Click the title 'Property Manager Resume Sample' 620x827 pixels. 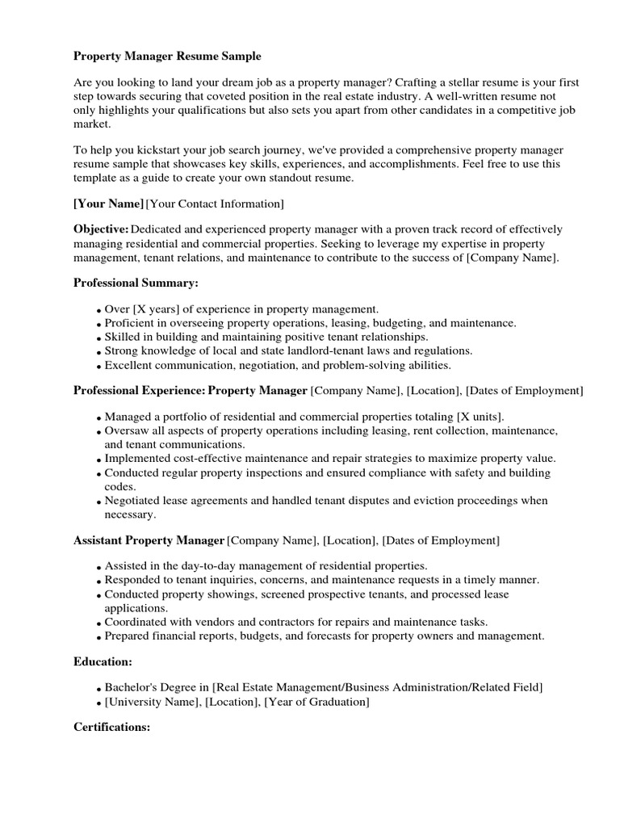click(168, 57)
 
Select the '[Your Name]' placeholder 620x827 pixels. click(109, 204)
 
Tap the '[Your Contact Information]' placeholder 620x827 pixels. click(215, 204)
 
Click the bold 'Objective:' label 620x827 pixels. click(101, 229)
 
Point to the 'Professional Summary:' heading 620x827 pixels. click(136, 283)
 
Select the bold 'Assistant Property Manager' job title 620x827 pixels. click(149, 539)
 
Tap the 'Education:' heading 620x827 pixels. click(103, 661)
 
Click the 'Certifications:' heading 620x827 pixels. click(112, 727)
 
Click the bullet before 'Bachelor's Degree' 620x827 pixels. click(98, 689)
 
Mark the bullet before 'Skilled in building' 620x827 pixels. click(98, 338)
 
